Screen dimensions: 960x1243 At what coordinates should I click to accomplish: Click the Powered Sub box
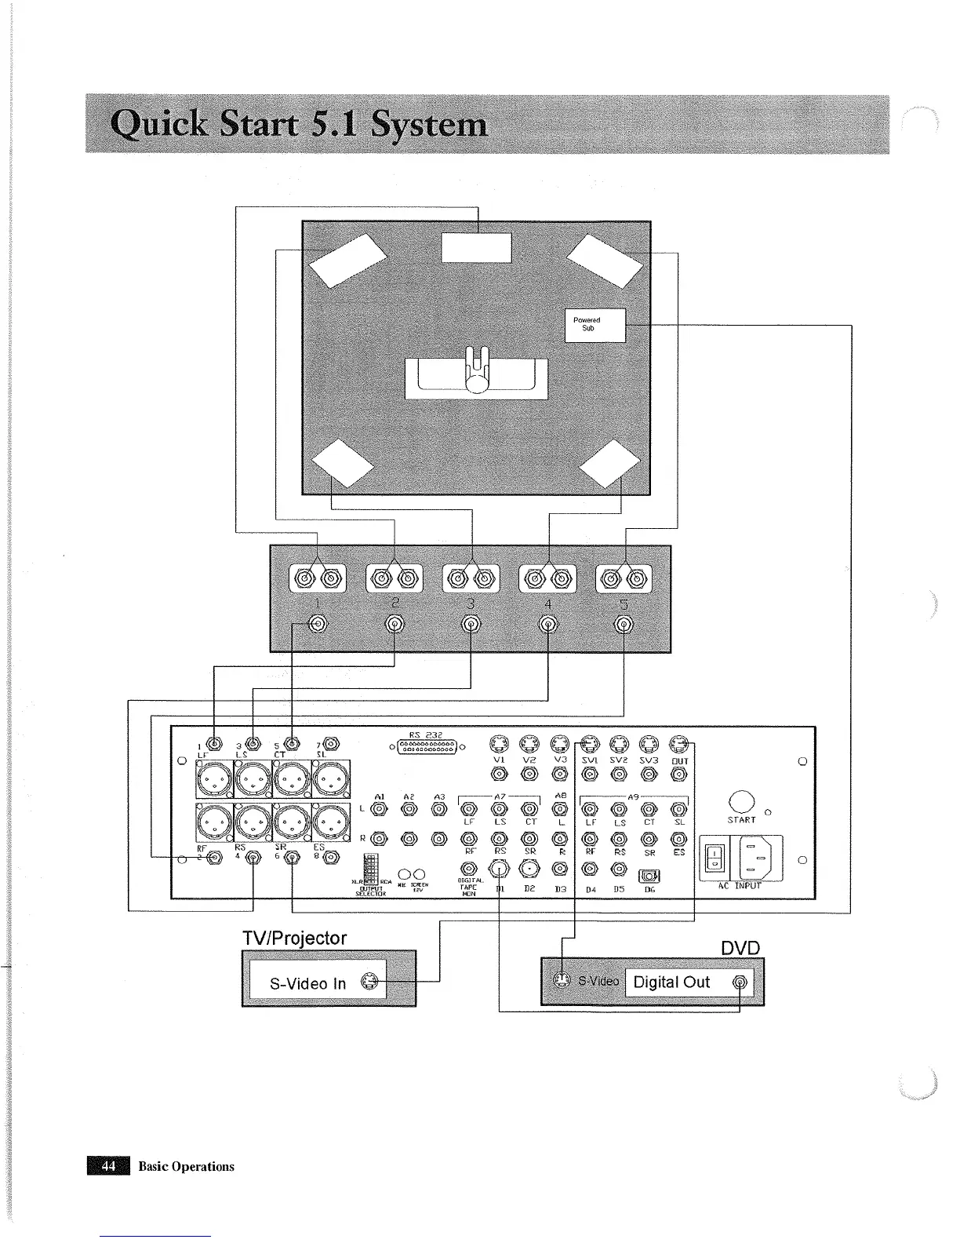[x=595, y=325]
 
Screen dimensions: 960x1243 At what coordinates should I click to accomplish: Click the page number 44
[x=108, y=1166]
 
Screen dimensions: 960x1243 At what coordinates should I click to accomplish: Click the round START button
[x=741, y=801]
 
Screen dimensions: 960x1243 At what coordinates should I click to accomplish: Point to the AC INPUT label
[x=740, y=885]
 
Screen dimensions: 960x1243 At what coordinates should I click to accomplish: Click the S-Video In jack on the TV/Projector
[x=372, y=981]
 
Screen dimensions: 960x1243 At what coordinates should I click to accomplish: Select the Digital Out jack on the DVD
[x=740, y=982]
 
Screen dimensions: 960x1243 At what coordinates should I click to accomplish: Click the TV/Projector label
[x=294, y=938]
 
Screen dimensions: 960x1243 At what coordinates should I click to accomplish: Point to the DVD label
[x=740, y=947]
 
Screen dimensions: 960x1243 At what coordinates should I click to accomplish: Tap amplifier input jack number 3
[x=471, y=625]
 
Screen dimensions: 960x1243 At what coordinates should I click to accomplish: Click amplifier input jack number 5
[x=624, y=625]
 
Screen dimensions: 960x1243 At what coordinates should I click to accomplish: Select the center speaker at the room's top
[x=476, y=248]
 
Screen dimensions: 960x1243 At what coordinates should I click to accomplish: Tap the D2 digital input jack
[x=529, y=868]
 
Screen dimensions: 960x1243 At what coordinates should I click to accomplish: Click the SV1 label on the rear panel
[x=589, y=760]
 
